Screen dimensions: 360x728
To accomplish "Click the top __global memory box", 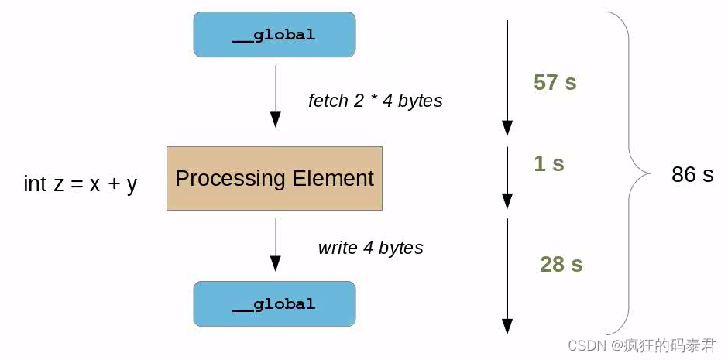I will (x=274, y=35).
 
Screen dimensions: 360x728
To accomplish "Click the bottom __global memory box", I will (x=274, y=303).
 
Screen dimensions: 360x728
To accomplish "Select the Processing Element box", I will (x=274, y=178).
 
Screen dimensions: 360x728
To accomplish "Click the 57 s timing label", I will (x=555, y=82).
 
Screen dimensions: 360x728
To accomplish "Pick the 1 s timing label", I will (x=548, y=163).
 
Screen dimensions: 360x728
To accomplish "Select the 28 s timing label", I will (x=561, y=265).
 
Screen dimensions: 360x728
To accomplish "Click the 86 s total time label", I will (x=692, y=175).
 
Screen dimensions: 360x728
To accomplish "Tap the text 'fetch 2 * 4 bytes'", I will (x=375, y=101).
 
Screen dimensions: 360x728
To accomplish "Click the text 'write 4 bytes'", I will (x=370, y=248).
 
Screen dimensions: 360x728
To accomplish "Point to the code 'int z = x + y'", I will (x=81, y=184).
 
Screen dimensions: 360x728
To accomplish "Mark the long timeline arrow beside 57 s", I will (x=507, y=77).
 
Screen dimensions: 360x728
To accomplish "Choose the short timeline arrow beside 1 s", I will (x=507, y=177).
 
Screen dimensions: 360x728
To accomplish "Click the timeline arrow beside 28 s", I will (x=507, y=276).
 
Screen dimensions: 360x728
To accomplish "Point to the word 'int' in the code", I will (x=35, y=184).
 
